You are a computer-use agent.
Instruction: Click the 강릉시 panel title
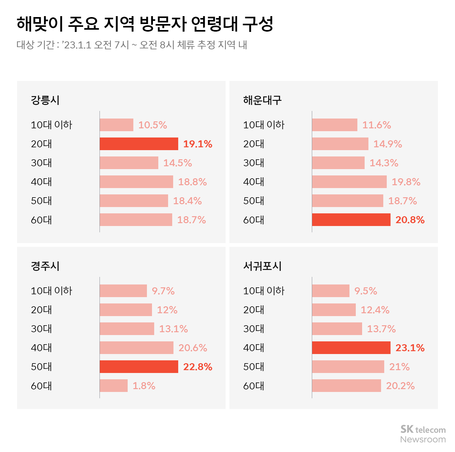pos(45,100)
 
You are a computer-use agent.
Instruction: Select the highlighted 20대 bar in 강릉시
pos(139,144)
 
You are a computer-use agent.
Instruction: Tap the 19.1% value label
pos(197,144)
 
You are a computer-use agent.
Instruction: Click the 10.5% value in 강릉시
pos(152,125)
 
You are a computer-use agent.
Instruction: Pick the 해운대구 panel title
pos(262,100)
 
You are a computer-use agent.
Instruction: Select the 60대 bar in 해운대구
pos(351,220)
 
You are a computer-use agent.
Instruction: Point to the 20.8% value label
pos(410,220)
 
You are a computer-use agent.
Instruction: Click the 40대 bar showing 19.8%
pos(349,182)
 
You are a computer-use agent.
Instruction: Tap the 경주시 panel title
pos(45,266)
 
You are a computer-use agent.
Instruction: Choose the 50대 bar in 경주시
pos(139,367)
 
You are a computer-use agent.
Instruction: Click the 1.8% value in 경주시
pos(144,386)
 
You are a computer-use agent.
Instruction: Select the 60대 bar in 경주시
pos(113,386)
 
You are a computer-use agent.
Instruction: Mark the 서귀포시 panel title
pos(262,266)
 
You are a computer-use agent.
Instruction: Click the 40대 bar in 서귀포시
pos(351,348)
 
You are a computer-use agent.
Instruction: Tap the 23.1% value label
pos(410,348)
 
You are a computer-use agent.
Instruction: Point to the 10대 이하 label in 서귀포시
pos(264,291)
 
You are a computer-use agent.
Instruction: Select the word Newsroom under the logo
pos(423,440)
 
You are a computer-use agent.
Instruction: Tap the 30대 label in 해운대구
pos(253,163)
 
